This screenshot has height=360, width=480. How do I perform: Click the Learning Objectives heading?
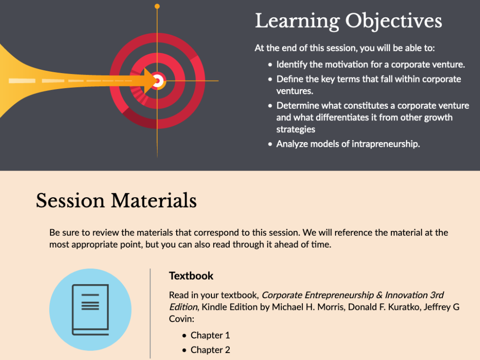click(348, 21)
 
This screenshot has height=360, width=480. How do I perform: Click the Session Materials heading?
click(116, 201)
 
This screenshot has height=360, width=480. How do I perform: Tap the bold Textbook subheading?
click(191, 276)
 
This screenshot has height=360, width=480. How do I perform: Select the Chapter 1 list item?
click(210, 335)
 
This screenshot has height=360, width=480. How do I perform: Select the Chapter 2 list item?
click(210, 350)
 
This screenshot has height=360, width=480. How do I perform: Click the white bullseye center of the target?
click(157, 81)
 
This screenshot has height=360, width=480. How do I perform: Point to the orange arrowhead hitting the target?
click(150, 81)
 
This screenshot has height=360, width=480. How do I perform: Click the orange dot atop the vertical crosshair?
click(157, 6)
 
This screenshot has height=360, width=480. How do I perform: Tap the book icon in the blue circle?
click(90, 309)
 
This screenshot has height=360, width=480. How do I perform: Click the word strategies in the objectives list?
click(296, 129)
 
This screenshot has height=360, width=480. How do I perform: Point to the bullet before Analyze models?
click(270, 144)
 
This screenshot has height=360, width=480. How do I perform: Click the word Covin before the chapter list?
click(181, 319)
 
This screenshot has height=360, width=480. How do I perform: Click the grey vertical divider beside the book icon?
click(150, 314)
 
